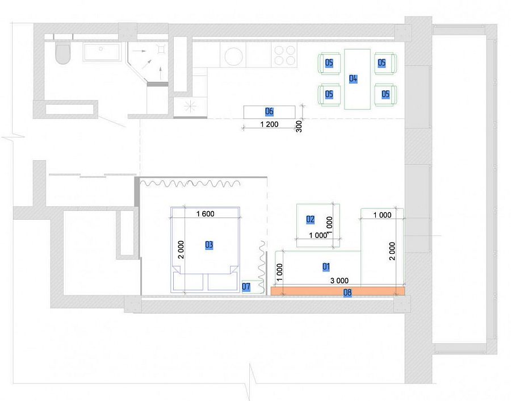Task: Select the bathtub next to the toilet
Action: (103, 52)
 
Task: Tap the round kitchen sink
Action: (234, 57)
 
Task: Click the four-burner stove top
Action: (284, 55)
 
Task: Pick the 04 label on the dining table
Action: (353, 78)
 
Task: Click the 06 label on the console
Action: (269, 111)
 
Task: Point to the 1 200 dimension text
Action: (270, 124)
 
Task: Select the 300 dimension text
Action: (299, 127)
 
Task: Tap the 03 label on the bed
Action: (209, 245)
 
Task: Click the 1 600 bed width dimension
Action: (206, 214)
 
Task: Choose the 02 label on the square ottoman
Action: (310, 219)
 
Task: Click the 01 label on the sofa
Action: (326, 267)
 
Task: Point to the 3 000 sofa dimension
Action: (340, 281)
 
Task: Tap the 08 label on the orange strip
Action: (347, 293)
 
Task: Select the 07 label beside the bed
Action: (246, 287)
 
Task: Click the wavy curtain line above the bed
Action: (191, 183)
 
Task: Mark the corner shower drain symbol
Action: (160, 49)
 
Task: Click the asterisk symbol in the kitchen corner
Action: (190, 106)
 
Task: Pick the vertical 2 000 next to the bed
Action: (181, 250)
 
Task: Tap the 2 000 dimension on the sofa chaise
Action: (392, 251)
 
